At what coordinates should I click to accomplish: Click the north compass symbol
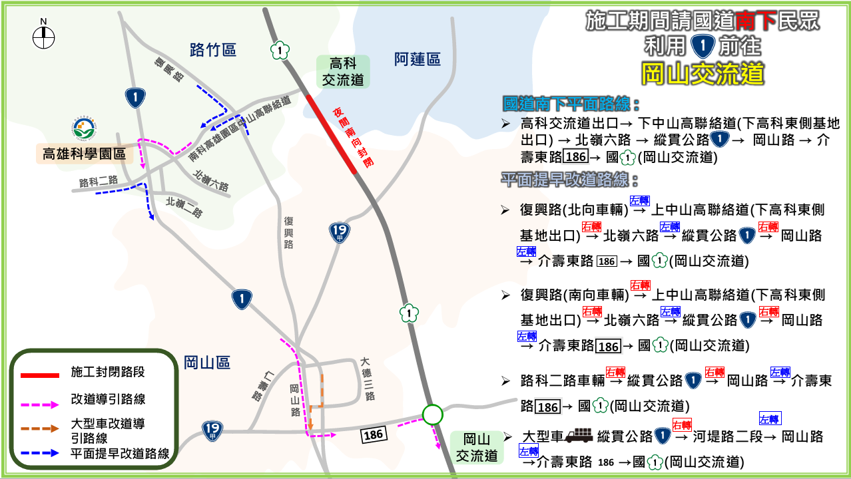click(x=43, y=37)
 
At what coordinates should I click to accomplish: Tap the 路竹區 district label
click(x=213, y=50)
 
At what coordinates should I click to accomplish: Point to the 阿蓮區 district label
click(x=418, y=60)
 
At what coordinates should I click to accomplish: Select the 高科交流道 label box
click(x=344, y=72)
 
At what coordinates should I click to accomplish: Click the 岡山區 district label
click(x=207, y=363)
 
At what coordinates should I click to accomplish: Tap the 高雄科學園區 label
click(x=84, y=155)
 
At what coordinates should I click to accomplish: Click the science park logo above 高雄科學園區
click(x=85, y=129)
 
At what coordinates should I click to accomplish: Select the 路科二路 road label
click(x=99, y=181)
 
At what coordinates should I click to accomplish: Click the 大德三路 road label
click(x=367, y=379)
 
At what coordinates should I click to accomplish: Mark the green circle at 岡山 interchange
click(x=432, y=415)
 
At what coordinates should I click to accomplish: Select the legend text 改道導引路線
click(x=109, y=399)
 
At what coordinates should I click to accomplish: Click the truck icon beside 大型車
click(x=578, y=436)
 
